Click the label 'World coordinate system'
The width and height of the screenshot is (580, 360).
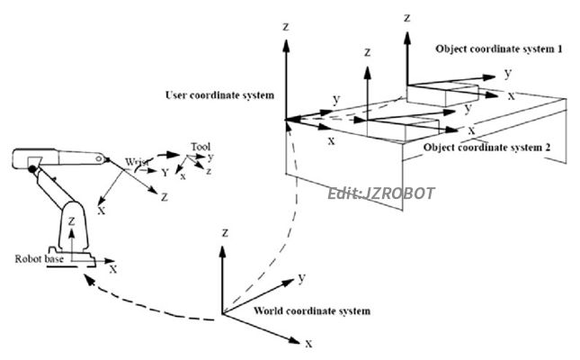(299, 311)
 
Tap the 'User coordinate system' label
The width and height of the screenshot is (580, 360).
(219, 95)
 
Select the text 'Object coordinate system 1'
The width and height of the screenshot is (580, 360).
(499, 47)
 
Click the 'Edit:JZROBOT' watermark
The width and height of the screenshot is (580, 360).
(381, 193)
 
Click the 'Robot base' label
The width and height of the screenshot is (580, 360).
(39, 258)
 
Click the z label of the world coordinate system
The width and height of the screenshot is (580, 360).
(221, 231)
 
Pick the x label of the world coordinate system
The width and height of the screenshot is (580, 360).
(308, 344)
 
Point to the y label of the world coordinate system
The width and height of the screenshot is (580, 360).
(303, 277)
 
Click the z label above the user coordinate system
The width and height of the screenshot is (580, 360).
(285, 27)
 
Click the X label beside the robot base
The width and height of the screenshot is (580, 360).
(112, 267)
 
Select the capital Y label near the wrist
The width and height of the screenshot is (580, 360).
(164, 170)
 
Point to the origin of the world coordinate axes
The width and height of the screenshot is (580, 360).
(221, 316)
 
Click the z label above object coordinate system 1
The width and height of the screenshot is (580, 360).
(408, 17)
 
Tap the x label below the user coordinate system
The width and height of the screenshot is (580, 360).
(331, 141)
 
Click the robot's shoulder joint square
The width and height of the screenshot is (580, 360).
(33, 167)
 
